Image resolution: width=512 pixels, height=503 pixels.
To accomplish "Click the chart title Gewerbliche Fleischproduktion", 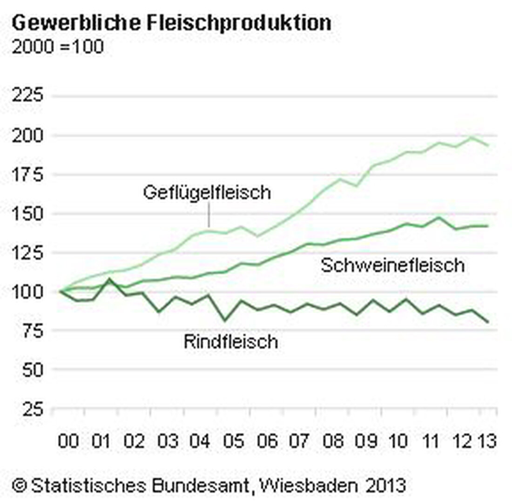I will tap(171, 23).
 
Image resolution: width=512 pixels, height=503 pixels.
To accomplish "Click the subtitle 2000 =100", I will tap(58, 47).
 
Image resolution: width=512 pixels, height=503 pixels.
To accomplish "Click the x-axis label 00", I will tap(68, 441).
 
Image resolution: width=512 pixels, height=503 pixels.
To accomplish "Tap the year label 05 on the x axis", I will tap(234, 441).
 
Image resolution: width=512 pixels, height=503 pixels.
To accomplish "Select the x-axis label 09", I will tap(366, 441).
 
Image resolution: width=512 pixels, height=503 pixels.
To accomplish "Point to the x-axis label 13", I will tap(486, 441).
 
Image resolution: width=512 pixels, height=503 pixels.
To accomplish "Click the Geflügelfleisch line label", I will tap(207, 192).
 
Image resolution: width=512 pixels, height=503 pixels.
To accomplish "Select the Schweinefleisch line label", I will tap(392, 265).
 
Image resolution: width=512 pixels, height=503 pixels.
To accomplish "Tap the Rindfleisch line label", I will tap(231, 342).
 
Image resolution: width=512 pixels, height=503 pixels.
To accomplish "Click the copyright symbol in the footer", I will tap(19, 486).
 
